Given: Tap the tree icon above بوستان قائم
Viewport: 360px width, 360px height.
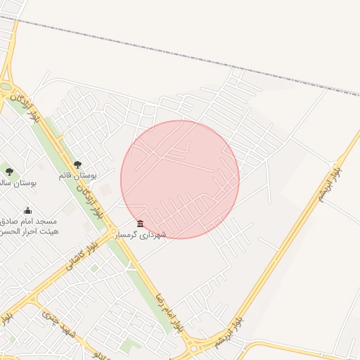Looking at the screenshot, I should click(77, 165).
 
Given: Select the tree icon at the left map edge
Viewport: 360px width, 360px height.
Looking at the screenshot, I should click(9, 172).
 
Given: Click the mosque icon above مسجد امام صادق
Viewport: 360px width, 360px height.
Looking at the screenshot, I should click(27, 210).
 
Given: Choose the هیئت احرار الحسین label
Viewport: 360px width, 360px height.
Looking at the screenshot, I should click(30, 231).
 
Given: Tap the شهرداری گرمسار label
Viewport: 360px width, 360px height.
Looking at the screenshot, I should click(141, 234).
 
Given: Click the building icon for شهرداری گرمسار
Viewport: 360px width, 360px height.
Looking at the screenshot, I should click(141, 224).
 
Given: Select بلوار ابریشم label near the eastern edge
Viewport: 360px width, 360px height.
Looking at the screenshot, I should click(330, 184).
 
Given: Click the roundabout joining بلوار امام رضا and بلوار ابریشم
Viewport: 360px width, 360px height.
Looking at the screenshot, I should click(195, 345).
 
